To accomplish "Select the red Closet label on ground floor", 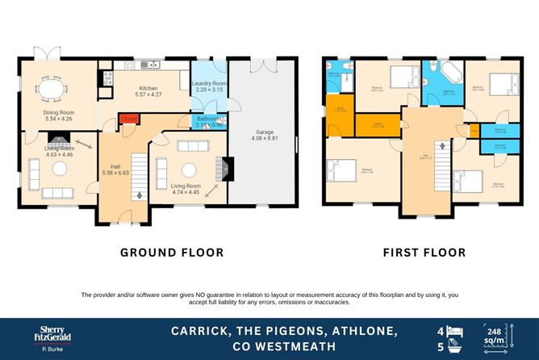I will pos(127,119).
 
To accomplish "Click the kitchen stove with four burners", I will pos(106,78).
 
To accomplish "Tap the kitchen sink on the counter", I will pos(147,65).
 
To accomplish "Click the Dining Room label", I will pos(57,113).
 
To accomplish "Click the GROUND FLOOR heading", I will pos(172,253).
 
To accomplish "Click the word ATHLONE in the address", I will pos(361,331).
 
